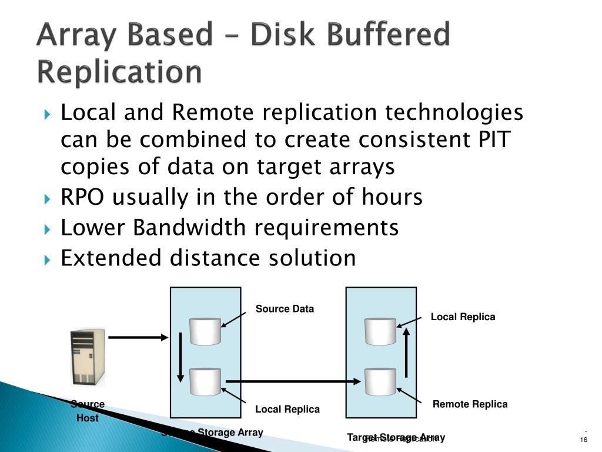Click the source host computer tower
(88, 356)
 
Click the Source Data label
(285, 309)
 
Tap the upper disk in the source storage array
(205, 331)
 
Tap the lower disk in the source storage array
(205, 382)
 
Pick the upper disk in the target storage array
(380, 331)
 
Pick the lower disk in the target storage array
(380, 382)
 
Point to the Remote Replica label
(470, 404)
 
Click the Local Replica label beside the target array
(463, 317)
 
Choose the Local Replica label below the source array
(287, 410)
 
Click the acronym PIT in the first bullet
(489, 140)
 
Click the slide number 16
(584, 441)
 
